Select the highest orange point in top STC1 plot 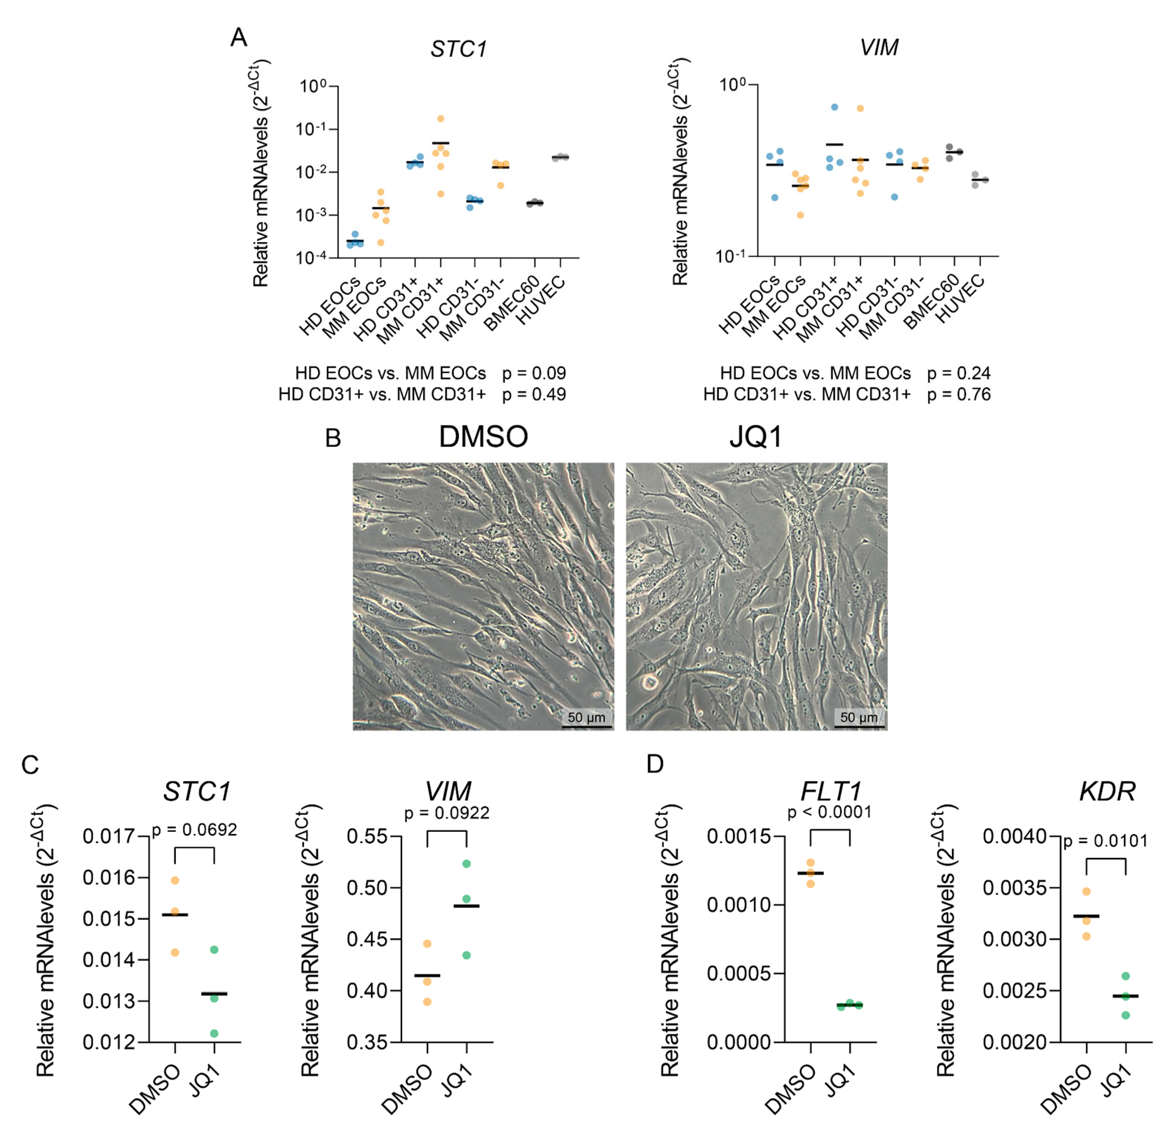pyautogui.click(x=440, y=118)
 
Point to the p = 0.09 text pyautogui.click(x=534, y=373)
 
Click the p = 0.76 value pyautogui.click(x=959, y=394)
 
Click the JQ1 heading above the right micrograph pyautogui.click(x=756, y=437)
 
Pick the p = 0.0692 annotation pyautogui.click(x=194, y=830)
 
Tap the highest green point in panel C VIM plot pyautogui.click(x=467, y=863)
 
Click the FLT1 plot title pyautogui.click(x=830, y=792)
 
